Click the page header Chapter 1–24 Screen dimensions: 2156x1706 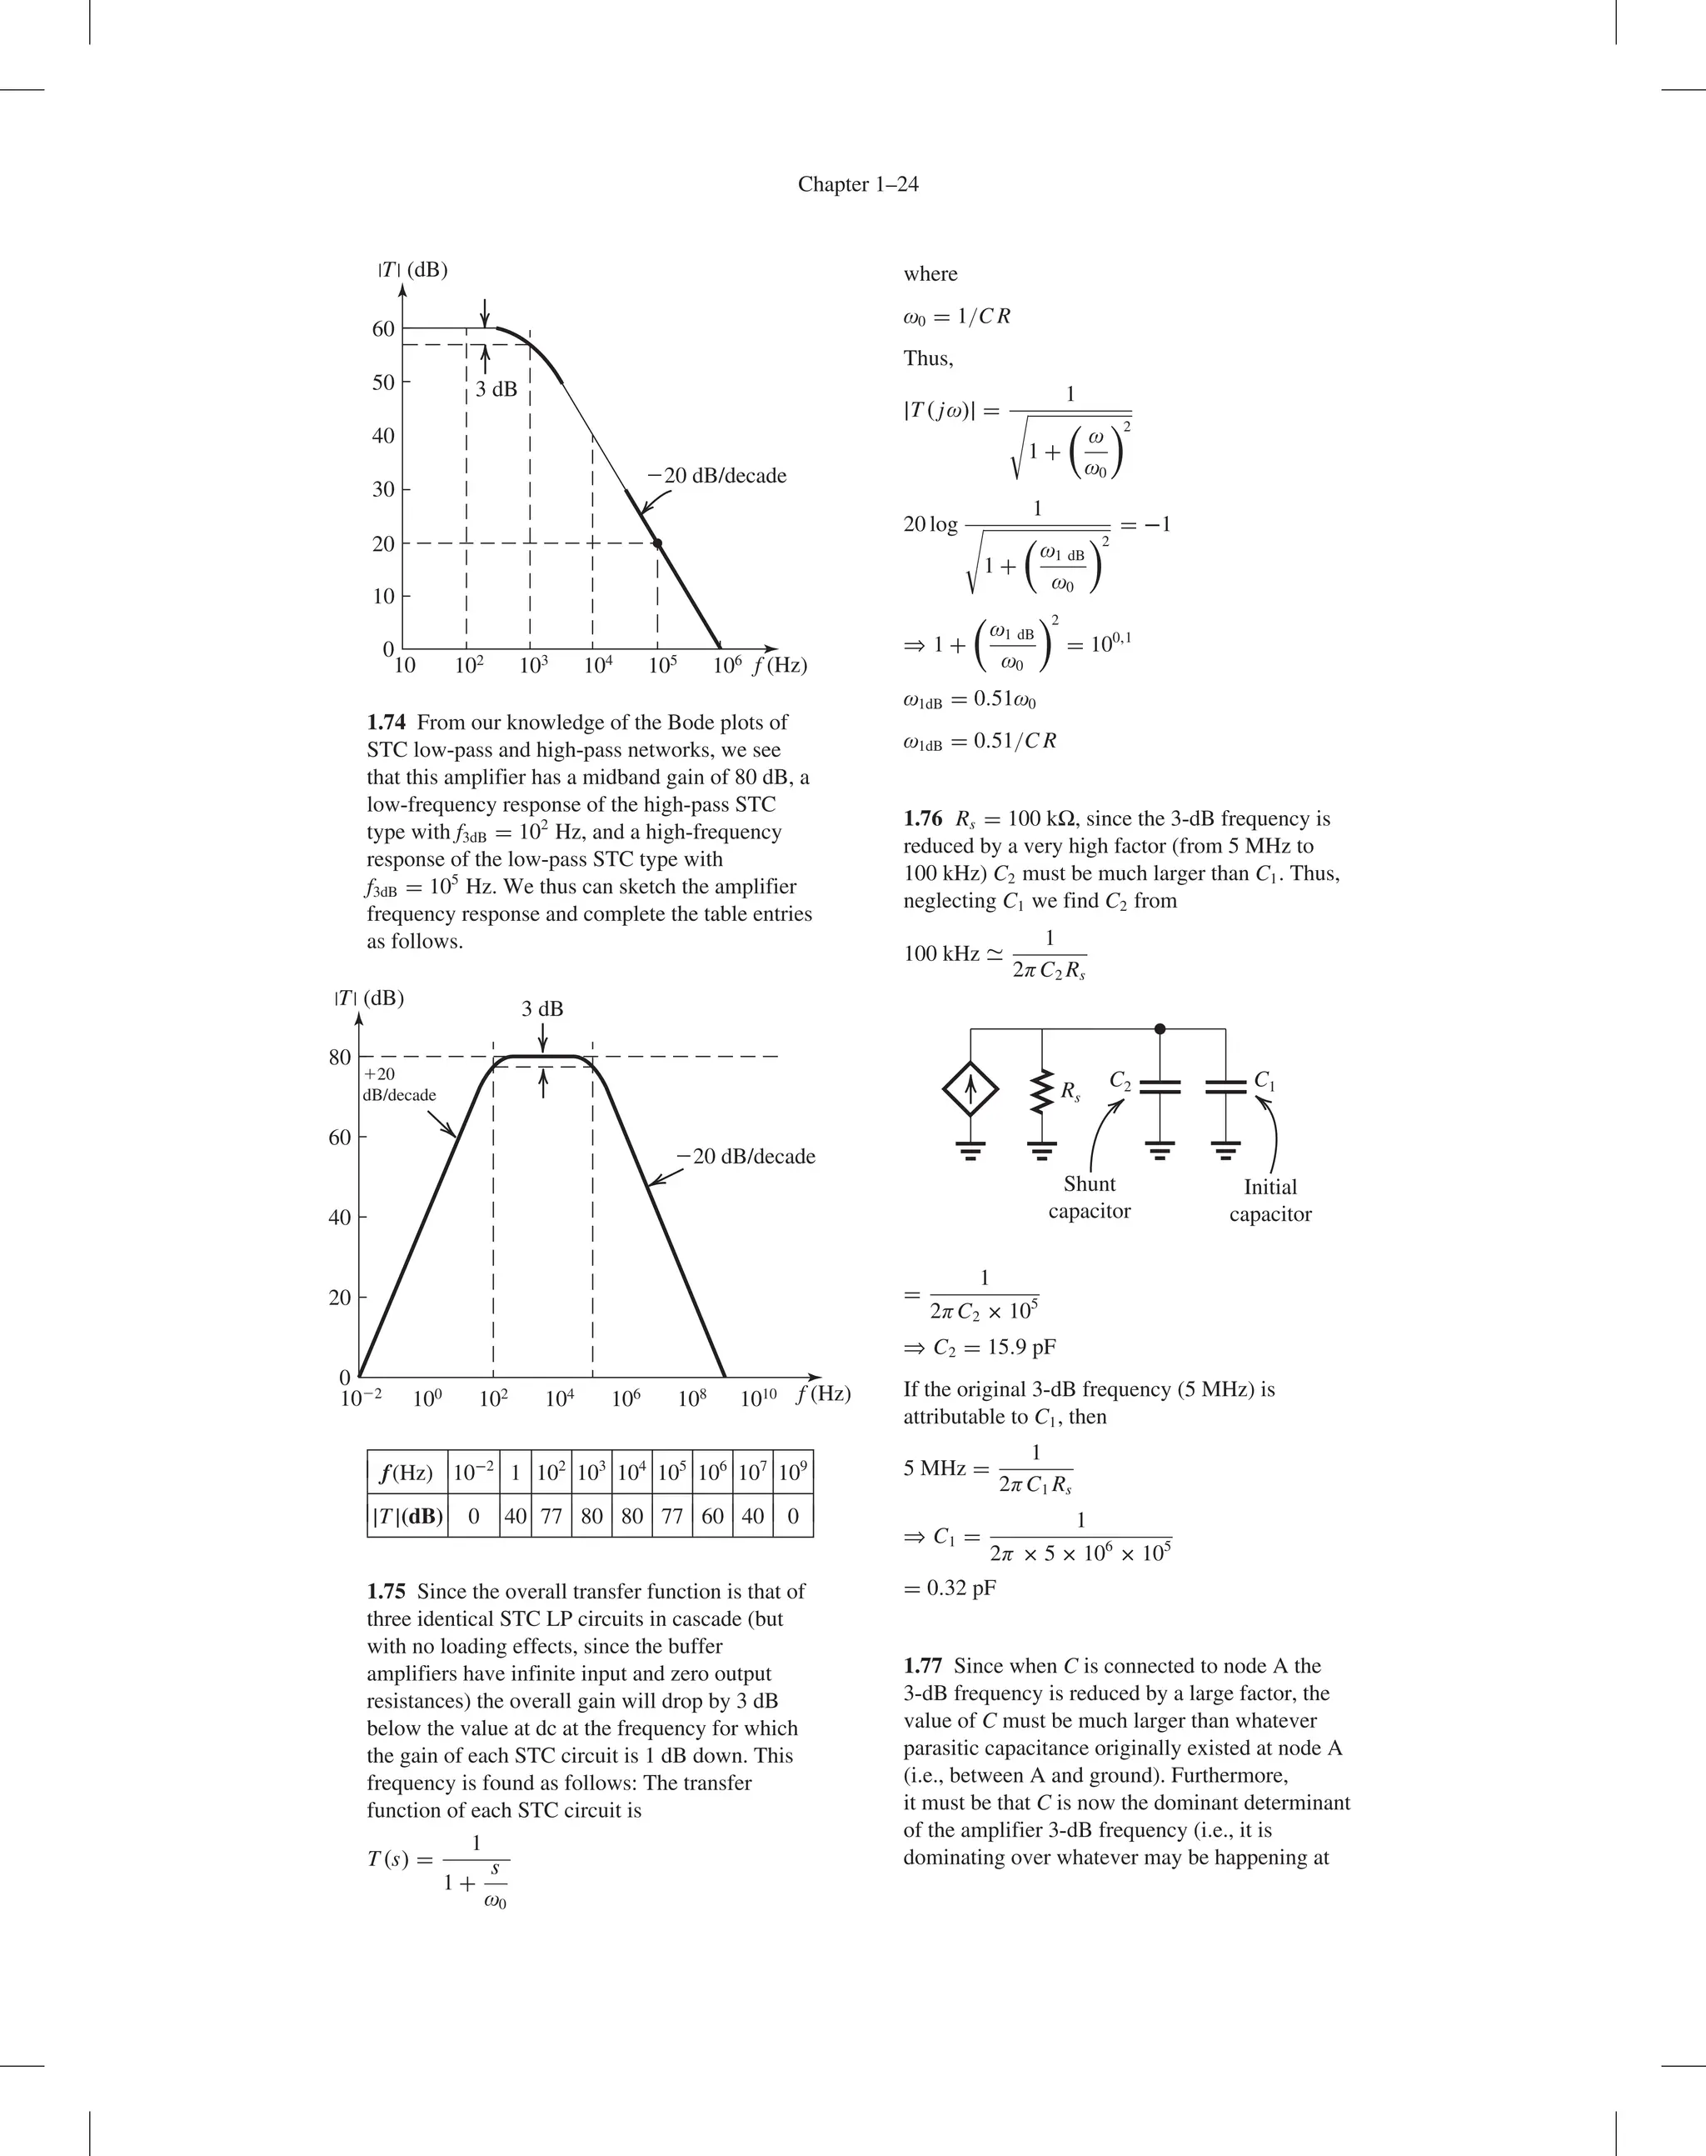click(x=858, y=184)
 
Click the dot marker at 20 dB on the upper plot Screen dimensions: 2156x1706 click(x=657, y=543)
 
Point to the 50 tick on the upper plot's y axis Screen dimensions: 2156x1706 click(x=383, y=383)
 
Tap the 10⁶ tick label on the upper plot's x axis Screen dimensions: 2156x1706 click(x=727, y=665)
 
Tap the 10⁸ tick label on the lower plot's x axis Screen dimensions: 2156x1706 click(x=692, y=1398)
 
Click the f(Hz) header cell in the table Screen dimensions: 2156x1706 click(x=407, y=1473)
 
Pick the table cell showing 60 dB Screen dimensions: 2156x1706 click(x=712, y=1516)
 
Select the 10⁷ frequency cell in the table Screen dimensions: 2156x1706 click(x=752, y=1473)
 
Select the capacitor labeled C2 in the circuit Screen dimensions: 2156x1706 click(x=1159, y=1087)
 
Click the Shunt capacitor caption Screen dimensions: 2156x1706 click(x=1089, y=1197)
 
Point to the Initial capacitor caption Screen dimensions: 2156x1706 click(x=1270, y=1200)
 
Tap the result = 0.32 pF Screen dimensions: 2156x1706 click(x=950, y=1588)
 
